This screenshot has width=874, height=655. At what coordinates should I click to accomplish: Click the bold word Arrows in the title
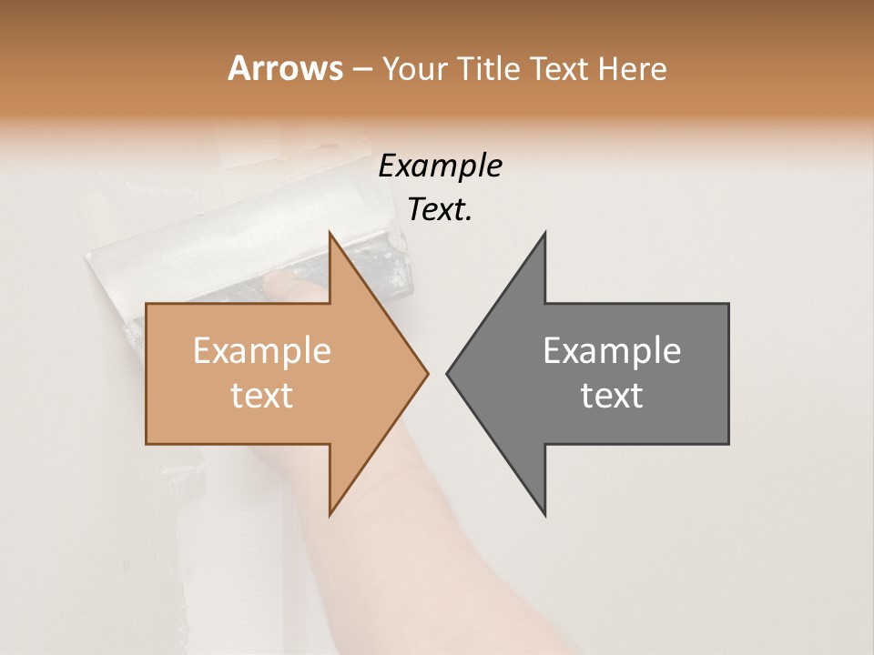285,68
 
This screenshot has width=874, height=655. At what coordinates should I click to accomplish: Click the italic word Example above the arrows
440,166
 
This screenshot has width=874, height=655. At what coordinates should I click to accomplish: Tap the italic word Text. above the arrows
440,210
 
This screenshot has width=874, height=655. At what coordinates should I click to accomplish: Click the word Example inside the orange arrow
261,351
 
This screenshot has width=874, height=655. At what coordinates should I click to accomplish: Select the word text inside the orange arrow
261,396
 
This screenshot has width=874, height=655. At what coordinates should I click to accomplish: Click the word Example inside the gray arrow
612,351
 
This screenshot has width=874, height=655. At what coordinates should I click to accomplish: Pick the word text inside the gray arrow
612,396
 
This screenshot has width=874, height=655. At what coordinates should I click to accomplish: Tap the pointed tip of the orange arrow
427,373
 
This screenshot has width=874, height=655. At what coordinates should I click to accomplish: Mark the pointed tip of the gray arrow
448,373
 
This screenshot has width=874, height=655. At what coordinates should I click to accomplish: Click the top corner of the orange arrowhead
330,234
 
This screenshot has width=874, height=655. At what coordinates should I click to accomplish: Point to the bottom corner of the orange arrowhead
330,513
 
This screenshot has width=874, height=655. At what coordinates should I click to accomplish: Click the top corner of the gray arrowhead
544,234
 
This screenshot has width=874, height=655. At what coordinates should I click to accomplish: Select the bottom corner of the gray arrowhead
544,513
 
